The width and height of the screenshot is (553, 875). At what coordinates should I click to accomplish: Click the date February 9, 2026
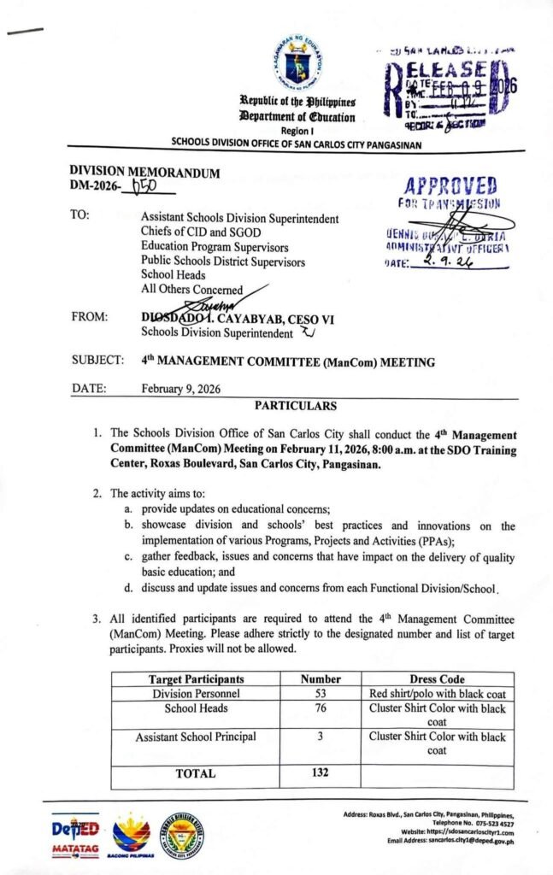click(x=181, y=389)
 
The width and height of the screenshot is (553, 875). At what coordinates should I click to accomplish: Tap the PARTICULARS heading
click(x=295, y=406)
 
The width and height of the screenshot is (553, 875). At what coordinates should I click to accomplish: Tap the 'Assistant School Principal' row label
click(x=196, y=737)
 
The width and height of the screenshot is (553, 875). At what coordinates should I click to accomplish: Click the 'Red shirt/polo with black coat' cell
click(x=437, y=693)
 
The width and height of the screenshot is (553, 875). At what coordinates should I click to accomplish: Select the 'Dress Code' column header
click(x=437, y=679)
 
